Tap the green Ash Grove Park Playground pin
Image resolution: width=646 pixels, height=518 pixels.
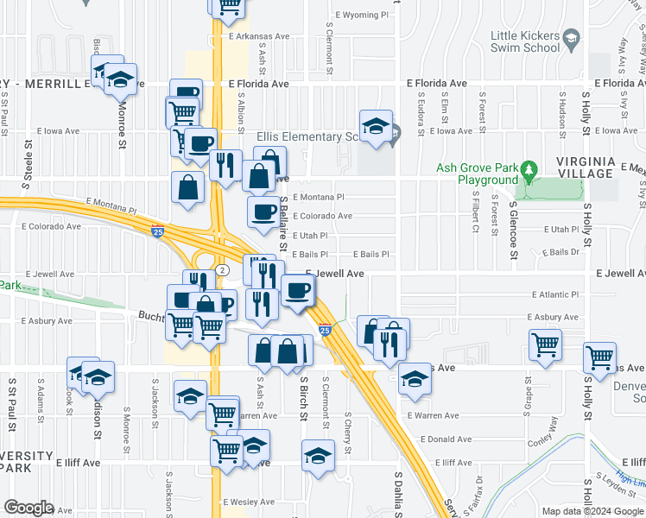pos(530,171)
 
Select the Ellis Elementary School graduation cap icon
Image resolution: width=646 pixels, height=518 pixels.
pos(376,126)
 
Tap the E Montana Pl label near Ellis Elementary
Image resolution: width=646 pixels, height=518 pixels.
pos(318,197)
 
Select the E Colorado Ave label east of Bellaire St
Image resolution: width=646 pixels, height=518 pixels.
pos(322,216)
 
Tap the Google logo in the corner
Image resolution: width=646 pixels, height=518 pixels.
pos(29,508)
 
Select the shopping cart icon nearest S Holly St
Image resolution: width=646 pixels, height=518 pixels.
pos(599,357)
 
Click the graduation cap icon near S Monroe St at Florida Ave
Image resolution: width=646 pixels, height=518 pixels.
pos(122,80)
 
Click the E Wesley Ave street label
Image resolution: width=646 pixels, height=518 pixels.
pos(249,502)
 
